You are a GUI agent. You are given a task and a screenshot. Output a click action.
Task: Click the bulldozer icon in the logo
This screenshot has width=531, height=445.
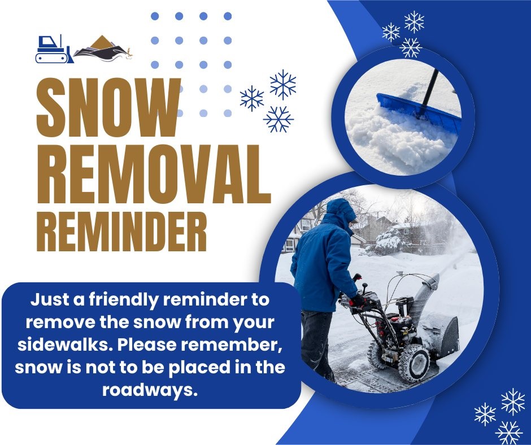53,50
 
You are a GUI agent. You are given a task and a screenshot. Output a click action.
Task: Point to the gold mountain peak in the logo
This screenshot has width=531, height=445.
103,41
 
